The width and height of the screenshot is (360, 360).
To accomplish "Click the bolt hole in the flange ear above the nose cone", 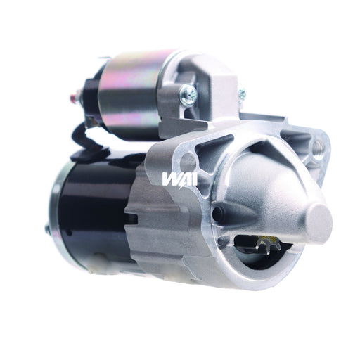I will [316, 148].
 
